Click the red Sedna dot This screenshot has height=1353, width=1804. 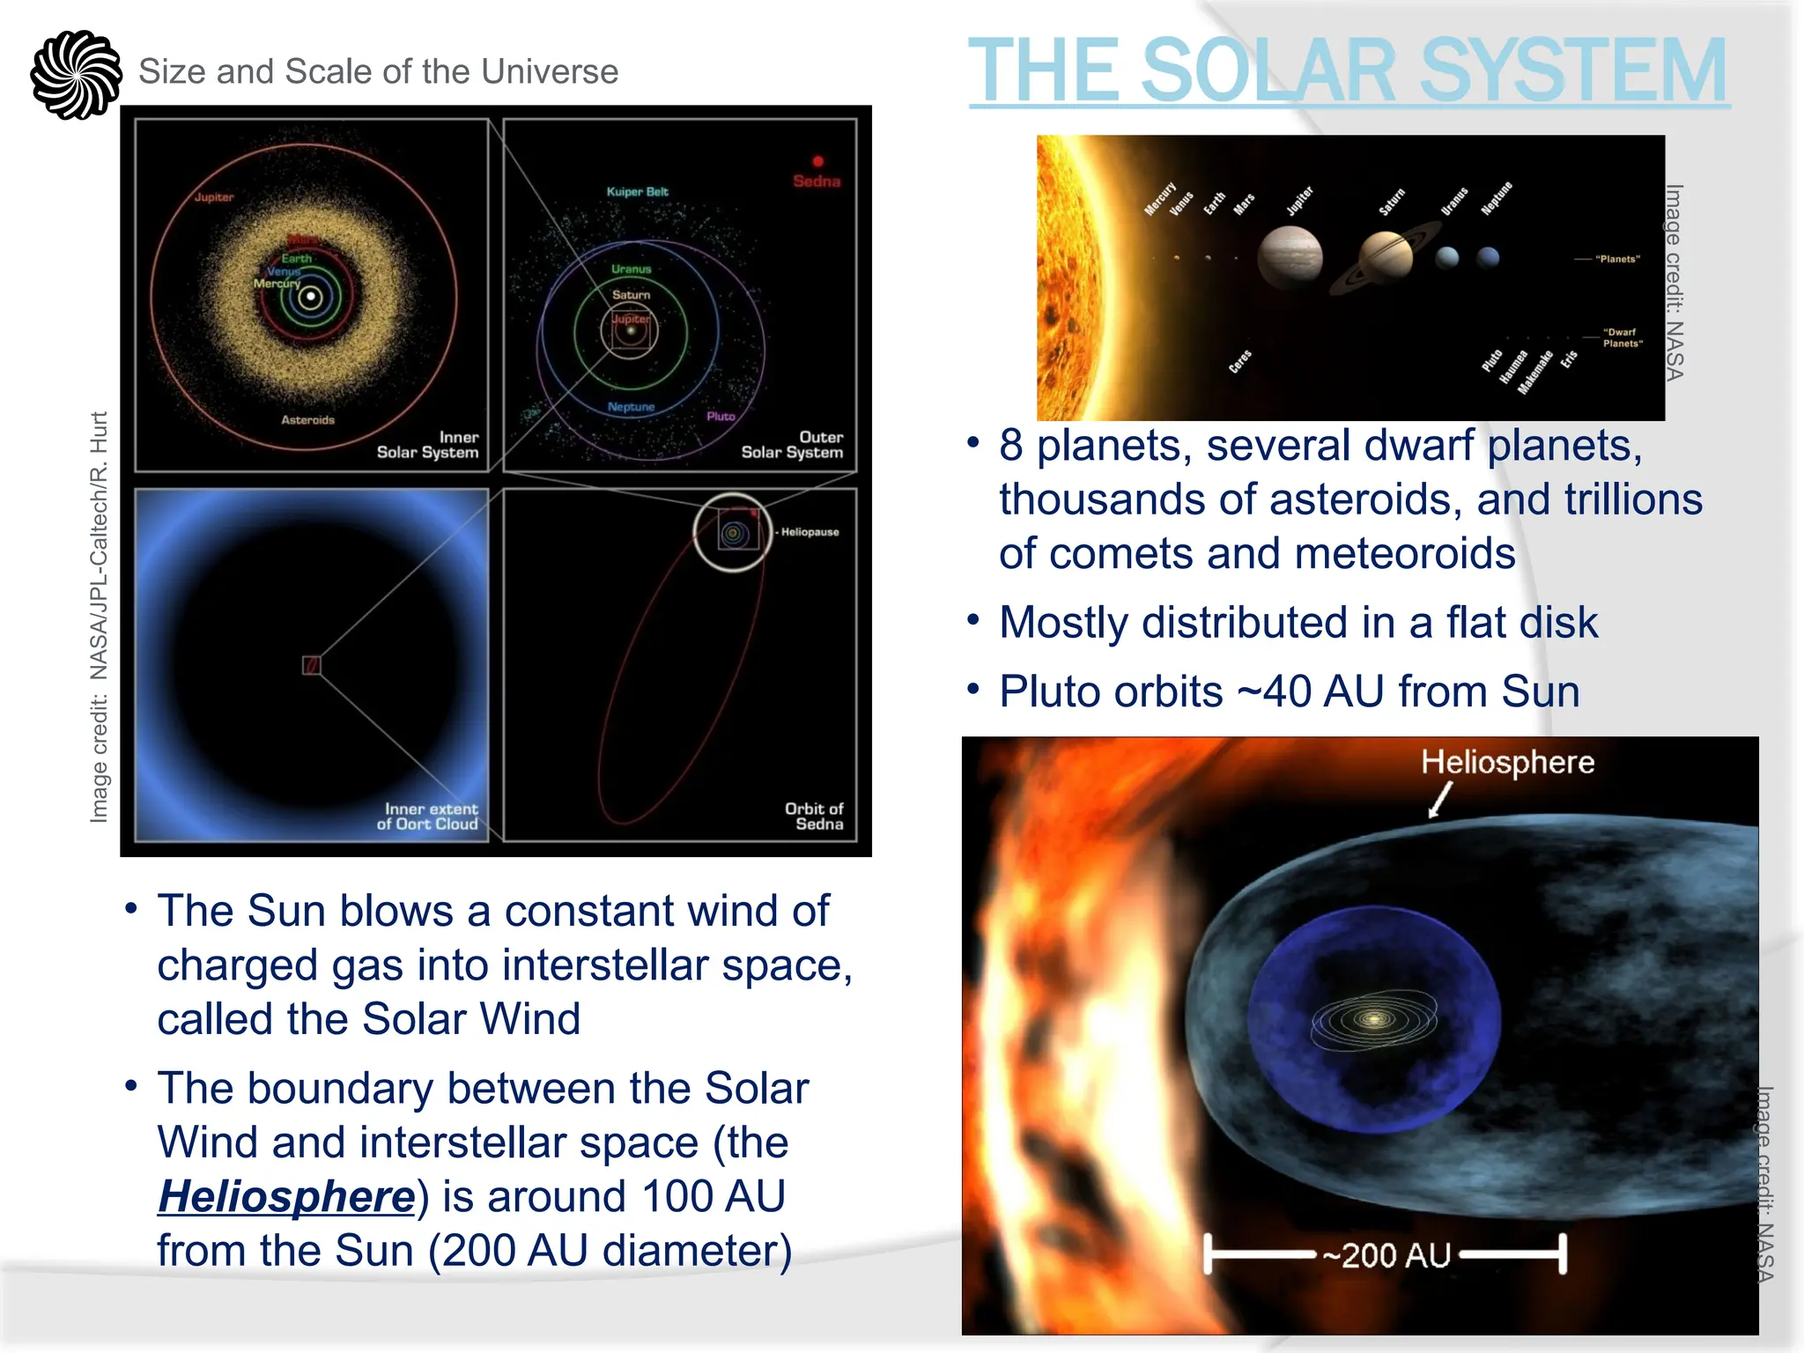pos(817,161)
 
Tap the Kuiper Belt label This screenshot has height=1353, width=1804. pos(637,191)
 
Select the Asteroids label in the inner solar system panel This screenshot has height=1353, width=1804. pos(307,419)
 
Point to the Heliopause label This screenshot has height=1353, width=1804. pos(810,532)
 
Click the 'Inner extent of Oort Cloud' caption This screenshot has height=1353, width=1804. pos(430,816)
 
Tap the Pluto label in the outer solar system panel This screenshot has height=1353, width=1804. pos(721,416)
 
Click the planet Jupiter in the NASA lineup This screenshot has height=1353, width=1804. pos(1290,256)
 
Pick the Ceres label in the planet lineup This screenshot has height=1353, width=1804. pos(1239,361)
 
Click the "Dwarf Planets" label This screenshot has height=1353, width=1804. pos(1622,338)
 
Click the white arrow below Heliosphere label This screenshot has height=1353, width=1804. pos(1438,801)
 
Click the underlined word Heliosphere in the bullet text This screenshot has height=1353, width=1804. pos(286,1196)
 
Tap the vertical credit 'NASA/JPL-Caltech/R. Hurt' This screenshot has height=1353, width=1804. pos(99,546)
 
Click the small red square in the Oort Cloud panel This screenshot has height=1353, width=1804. pos(311,665)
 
